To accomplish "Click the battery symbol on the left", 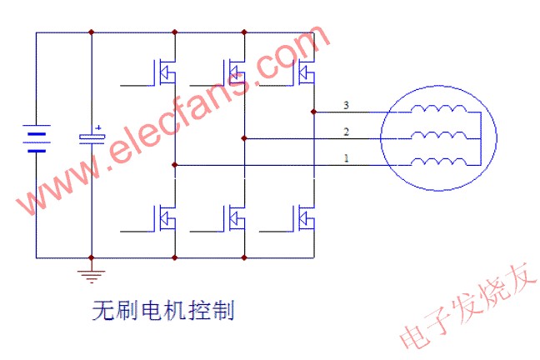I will (36, 141).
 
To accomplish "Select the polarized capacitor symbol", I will (91, 137).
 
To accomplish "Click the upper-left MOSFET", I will (164, 72).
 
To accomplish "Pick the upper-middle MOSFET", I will (234, 72).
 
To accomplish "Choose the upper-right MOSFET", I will (304, 72).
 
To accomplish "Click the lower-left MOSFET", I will (164, 218).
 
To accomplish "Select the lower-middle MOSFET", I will (234, 218).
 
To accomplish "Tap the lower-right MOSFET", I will (304, 218).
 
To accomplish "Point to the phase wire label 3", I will (345, 105).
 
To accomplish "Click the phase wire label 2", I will (345, 132).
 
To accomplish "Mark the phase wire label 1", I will (345, 158).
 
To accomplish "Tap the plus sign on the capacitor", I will (98, 127).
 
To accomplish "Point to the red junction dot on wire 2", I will (243, 138).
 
